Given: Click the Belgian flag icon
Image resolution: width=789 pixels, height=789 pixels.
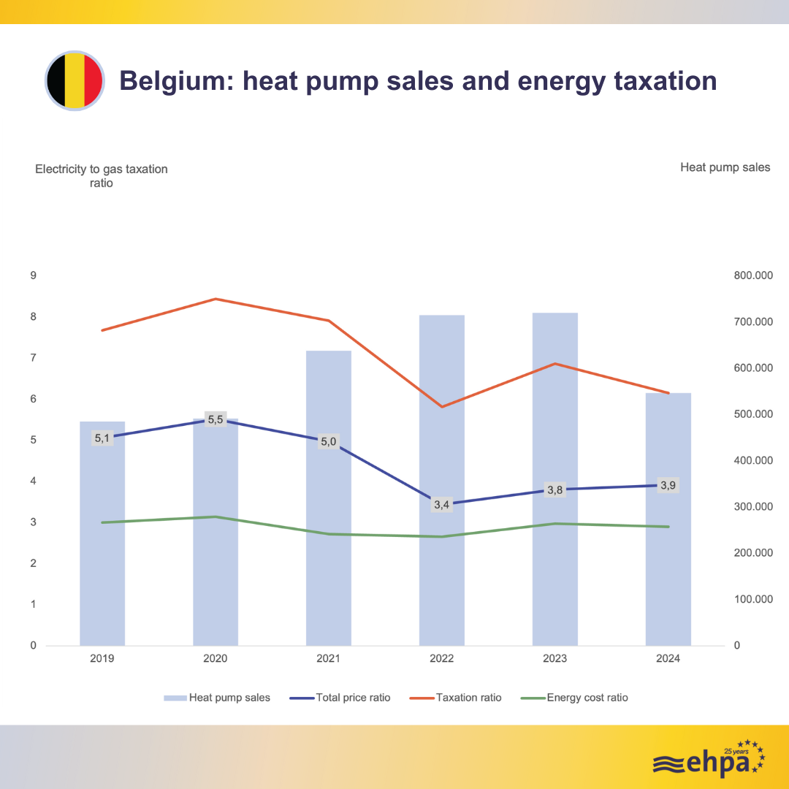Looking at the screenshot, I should point(75,80).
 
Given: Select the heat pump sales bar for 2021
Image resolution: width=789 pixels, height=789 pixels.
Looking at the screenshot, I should point(329,497).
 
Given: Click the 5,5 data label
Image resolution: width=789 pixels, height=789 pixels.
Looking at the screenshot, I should point(216,419).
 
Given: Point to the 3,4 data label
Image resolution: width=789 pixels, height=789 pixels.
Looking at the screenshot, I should point(441,504).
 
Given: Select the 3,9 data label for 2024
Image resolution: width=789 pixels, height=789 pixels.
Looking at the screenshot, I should point(668,485).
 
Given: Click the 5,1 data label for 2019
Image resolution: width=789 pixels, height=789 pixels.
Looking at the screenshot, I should point(102,438).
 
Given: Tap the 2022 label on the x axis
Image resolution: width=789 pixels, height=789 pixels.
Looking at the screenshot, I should point(441,658).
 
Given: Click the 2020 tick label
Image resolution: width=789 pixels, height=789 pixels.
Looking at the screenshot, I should point(216,658).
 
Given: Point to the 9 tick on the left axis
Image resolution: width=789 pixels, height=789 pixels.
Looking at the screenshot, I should point(33,275).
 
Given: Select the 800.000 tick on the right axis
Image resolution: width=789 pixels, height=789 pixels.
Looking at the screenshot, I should point(750,275).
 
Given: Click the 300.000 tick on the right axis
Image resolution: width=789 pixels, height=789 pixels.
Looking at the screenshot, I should point(750,506).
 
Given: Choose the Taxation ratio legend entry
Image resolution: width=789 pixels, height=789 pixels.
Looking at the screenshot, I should point(468,698).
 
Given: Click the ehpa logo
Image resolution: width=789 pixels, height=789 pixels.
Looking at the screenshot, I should point(708,759).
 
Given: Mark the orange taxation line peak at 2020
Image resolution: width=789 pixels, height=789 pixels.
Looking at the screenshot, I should point(216,299).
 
